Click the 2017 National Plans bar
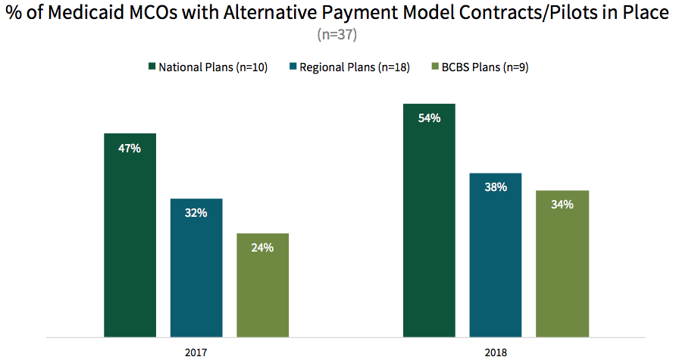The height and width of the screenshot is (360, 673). coord(130,235)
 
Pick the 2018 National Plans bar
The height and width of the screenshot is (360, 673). coord(429,220)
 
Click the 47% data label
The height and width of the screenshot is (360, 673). coord(130,149)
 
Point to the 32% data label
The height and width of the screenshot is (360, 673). coord(196,213)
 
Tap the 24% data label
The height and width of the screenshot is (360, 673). coord(262,248)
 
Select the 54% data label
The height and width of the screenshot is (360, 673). coord(429,118)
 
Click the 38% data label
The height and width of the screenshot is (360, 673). coord(496,187)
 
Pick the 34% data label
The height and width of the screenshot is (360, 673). coord(562,205)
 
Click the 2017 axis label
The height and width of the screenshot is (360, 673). coord(196,352)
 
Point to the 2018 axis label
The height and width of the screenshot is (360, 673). coord(496,352)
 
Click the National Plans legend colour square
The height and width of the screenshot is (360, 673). coord(151,67)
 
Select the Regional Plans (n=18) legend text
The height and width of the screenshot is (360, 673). coord(355,67)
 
